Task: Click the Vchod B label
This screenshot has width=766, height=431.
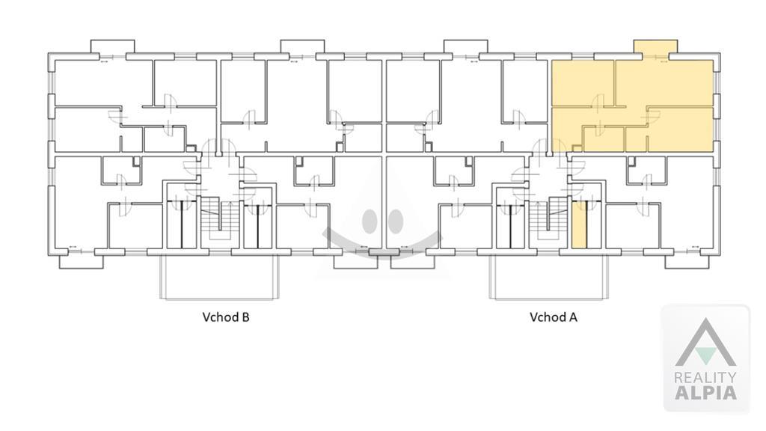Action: (x=226, y=317)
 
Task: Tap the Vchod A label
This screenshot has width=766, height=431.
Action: (x=553, y=317)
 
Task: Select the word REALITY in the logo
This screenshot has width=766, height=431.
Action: (x=705, y=377)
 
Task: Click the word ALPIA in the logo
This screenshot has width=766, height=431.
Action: (x=705, y=392)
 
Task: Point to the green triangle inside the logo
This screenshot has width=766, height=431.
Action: (x=705, y=355)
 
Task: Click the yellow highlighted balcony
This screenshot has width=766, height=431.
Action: (x=655, y=47)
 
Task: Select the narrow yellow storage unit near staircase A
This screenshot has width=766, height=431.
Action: (x=579, y=224)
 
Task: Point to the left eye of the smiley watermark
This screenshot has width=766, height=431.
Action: (x=371, y=221)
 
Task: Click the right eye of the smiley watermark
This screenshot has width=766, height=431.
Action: (x=395, y=221)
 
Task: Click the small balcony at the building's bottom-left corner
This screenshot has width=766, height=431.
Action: (x=81, y=261)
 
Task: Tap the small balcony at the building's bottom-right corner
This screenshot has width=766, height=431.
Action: (x=687, y=261)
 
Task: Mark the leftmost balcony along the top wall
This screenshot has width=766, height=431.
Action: (x=113, y=47)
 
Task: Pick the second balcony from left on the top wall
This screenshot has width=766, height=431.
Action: (x=302, y=47)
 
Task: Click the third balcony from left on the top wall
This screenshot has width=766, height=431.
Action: (x=465, y=47)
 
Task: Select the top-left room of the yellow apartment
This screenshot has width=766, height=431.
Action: (x=582, y=82)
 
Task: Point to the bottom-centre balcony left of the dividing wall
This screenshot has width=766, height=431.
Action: (x=355, y=261)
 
